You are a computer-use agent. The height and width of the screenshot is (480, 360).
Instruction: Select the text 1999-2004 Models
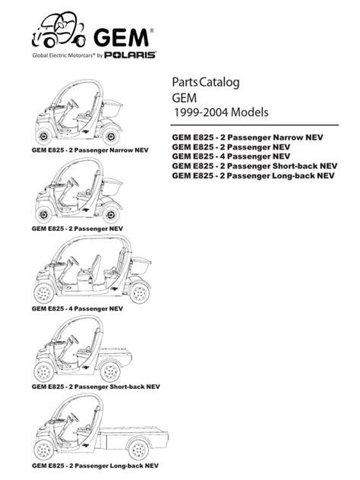(x=223, y=112)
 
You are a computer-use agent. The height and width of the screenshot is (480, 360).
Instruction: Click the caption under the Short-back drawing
(x=87, y=387)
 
